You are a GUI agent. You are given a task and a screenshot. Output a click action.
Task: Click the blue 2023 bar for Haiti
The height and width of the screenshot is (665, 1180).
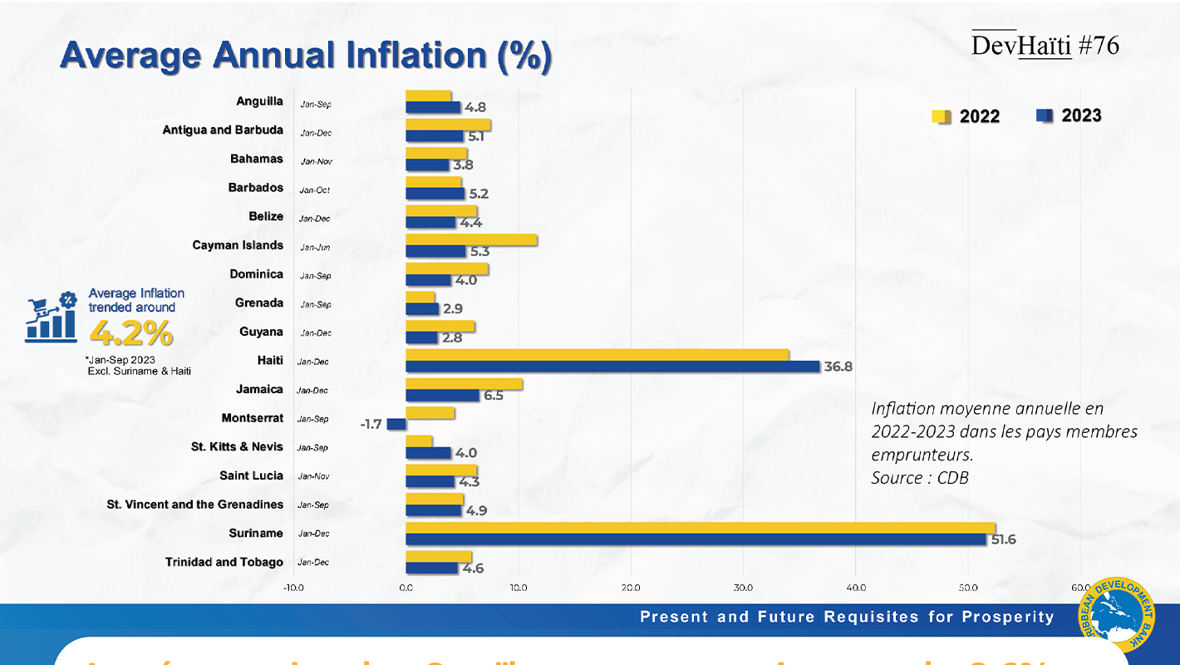tap(612, 367)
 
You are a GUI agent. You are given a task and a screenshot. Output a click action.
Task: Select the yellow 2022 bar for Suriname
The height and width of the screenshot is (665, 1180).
tap(700, 528)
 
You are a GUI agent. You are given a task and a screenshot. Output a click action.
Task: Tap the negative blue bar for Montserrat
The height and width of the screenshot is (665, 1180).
tap(396, 424)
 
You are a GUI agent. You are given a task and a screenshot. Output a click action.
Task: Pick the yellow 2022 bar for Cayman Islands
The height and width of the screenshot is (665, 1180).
tap(471, 240)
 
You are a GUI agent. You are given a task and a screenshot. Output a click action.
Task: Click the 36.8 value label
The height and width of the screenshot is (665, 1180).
tap(839, 367)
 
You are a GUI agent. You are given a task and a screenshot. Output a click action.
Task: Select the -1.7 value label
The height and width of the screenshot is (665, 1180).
tap(371, 424)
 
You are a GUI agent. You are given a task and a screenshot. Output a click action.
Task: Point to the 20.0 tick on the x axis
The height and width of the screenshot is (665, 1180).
tap(631, 588)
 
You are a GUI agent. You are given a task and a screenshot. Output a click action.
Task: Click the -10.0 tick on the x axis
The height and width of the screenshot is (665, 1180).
tap(293, 588)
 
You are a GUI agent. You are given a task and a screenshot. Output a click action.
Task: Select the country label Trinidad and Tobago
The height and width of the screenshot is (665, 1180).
tap(224, 562)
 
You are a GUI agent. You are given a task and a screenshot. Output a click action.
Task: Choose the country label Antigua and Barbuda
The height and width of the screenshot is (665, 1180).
tap(223, 131)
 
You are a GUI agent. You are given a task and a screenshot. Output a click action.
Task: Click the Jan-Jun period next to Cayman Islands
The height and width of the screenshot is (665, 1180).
tap(315, 248)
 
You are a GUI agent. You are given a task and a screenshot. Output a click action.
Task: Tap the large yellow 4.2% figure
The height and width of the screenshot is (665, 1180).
tap(131, 333)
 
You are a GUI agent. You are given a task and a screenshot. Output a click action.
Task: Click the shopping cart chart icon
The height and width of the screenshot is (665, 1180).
tap(52, 318)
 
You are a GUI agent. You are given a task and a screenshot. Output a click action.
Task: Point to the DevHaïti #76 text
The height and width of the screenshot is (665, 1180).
tap(1045, 46)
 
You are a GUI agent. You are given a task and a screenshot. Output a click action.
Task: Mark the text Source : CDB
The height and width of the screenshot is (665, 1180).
tap(920, 478)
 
